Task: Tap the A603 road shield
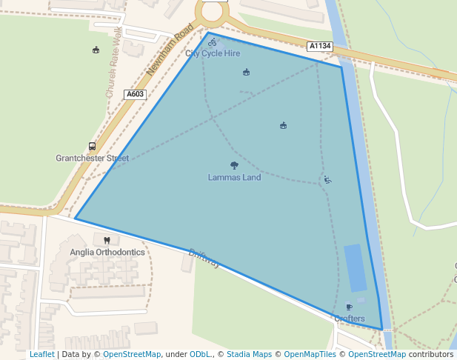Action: tap(135, 94)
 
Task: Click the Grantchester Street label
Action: tap(92, 158)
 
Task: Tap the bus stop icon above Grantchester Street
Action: tap(92, 146)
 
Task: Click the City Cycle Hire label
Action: tap(213, 53)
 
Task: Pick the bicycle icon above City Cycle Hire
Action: tap(213, 42)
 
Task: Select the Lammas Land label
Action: tap(234, 177)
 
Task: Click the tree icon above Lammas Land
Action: tap(234, 166)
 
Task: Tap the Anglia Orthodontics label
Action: tap(107, 252)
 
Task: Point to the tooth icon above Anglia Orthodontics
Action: tap(107, 240)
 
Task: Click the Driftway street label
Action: tap(204, 258)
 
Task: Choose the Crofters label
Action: tap(349, 319)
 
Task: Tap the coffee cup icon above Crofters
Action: tap(349, 307)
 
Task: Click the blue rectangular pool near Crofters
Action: tap(355, 267)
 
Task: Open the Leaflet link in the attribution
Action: tap(42, 355)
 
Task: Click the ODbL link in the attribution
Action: tap(200, 355)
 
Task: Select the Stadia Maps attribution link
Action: tap(249, 355)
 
